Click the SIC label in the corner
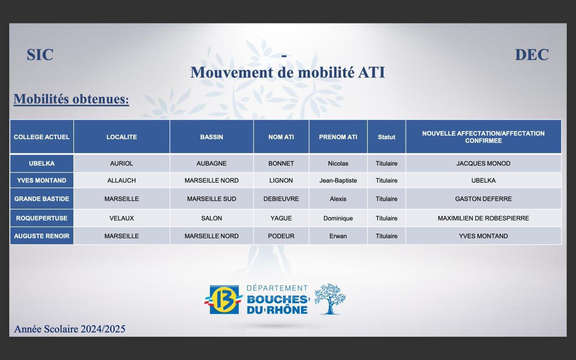40,55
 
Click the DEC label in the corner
531,55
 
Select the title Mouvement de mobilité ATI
288,72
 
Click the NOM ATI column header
281,137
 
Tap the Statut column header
386,137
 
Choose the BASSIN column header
212,137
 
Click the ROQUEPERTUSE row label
42,218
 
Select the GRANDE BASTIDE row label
42,199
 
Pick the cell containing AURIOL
121,163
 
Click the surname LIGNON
281,180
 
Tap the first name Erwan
338,236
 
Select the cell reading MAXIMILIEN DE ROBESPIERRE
483,218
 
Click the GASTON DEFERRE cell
483,199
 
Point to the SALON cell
212,218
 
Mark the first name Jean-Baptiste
338,180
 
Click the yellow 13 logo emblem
224,300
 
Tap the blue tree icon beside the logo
330,299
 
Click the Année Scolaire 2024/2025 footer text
70,329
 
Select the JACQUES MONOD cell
483,163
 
